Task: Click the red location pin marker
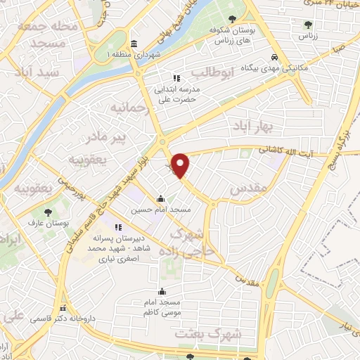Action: coord(181,165)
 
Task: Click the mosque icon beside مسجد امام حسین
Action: coord(162,198)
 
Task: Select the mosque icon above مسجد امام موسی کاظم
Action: coord(163,291)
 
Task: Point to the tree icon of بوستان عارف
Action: coord(47,211)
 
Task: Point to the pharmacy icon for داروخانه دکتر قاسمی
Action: coord(63,308)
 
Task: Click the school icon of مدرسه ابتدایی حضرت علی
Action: coord(178,78)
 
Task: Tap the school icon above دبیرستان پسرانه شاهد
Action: coord(118,227)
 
